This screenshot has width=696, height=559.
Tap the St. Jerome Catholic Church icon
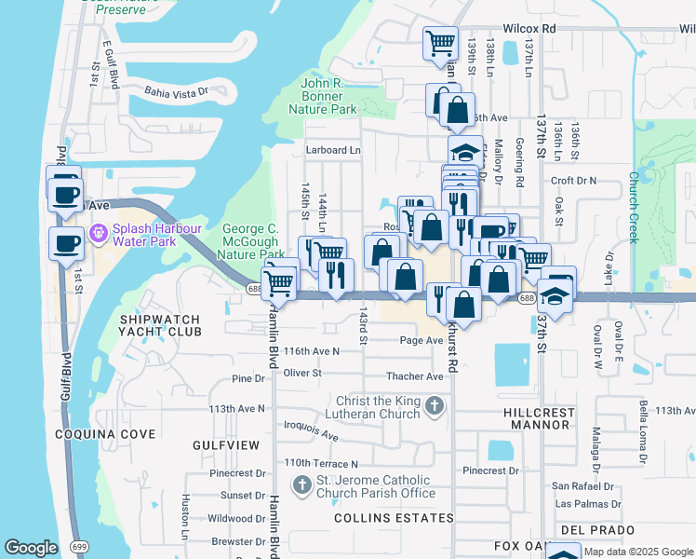(301, 484)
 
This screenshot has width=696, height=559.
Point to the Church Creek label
(633, 207)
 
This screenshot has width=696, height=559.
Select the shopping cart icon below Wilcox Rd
(440, 42)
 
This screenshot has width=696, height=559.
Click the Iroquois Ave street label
(312, 434)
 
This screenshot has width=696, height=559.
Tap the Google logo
(32, 548)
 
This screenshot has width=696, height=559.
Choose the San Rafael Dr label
(582, 485)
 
